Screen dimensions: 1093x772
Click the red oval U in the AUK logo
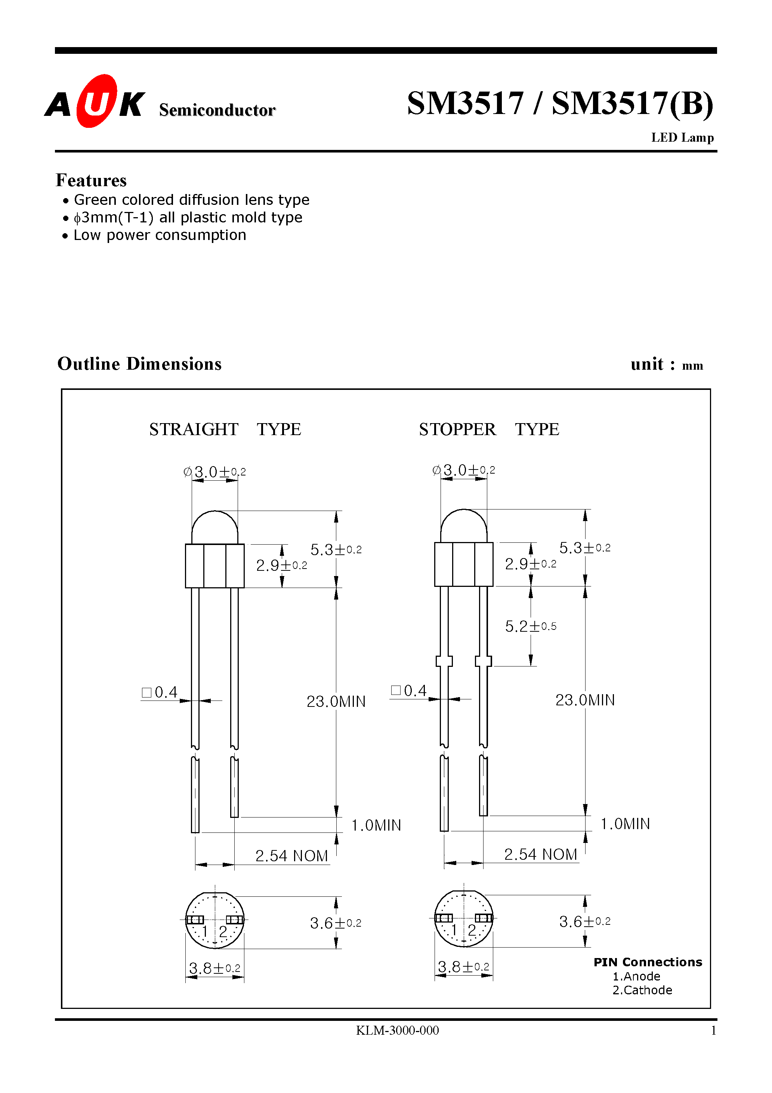pyautogui.click(x=97, y=101)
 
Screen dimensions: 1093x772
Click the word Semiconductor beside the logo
pyautogui.click(x=217, y=110)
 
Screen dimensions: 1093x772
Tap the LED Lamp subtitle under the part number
pyautogui.click(x=682, y=138)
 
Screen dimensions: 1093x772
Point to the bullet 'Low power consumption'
pyautogui.click(x=160, y=235)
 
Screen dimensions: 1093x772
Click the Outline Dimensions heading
pyautogui.click(x=139, y=364)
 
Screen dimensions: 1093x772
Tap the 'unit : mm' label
pyautogui.click(x=666, y=364)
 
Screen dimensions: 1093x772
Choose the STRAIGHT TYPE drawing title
pyautogui.click(x=225, y=429)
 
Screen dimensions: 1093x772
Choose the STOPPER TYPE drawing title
pyautogui.click(x=489, y=429)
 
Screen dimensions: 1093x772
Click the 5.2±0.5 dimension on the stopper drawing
pyautogui.click(x=530, y=626)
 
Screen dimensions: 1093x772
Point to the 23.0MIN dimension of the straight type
pyautogui.click(x=336, y=702)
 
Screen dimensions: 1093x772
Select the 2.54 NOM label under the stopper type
pyautogui.click(x=540, y=855)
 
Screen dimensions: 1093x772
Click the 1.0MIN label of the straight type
pyautogui.click(x=376, y=825)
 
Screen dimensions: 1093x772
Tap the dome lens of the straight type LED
pyautogui.click(x=214, y=527)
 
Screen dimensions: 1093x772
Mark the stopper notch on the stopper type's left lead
pyautogui.click(x=444, y=661)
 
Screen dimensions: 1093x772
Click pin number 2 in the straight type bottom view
pyautogui.click(x=223, y=931)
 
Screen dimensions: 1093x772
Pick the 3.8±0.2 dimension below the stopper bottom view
pyautogui.click(x=463, y=967)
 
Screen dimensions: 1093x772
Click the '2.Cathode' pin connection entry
pyautogui.click(x=642, y=990)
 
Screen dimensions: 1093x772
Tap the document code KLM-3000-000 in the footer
pyautogui.click(x=398, y=1031)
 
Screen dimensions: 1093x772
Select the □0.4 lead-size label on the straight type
pyautogui.click(x=160, y=692)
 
